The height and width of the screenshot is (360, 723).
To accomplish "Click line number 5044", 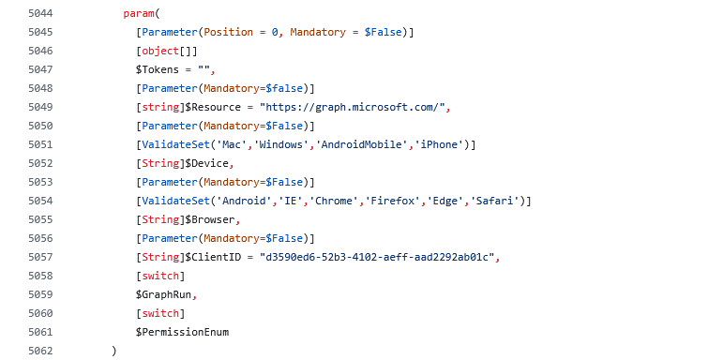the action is [40, 13].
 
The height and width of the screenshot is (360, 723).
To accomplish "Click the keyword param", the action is [139, 13].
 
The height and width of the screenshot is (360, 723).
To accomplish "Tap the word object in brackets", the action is [160, 51].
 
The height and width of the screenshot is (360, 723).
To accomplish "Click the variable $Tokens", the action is [158, 69].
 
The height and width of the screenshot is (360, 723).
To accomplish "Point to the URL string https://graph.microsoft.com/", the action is [352, 108].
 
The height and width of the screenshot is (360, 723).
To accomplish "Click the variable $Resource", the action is [213, 108].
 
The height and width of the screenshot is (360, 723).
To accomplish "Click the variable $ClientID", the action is [213, 257].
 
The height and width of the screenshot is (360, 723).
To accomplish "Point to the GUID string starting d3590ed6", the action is [377, 257].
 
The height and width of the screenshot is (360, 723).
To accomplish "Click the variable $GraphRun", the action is [163, 295].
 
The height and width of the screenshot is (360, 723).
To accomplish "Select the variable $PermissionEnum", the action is [182, 332].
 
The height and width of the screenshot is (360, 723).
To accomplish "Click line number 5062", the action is [40, 352].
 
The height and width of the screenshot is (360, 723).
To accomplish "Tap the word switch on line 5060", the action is [160, 313].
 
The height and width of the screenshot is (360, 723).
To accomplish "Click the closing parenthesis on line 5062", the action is [113, 352].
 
